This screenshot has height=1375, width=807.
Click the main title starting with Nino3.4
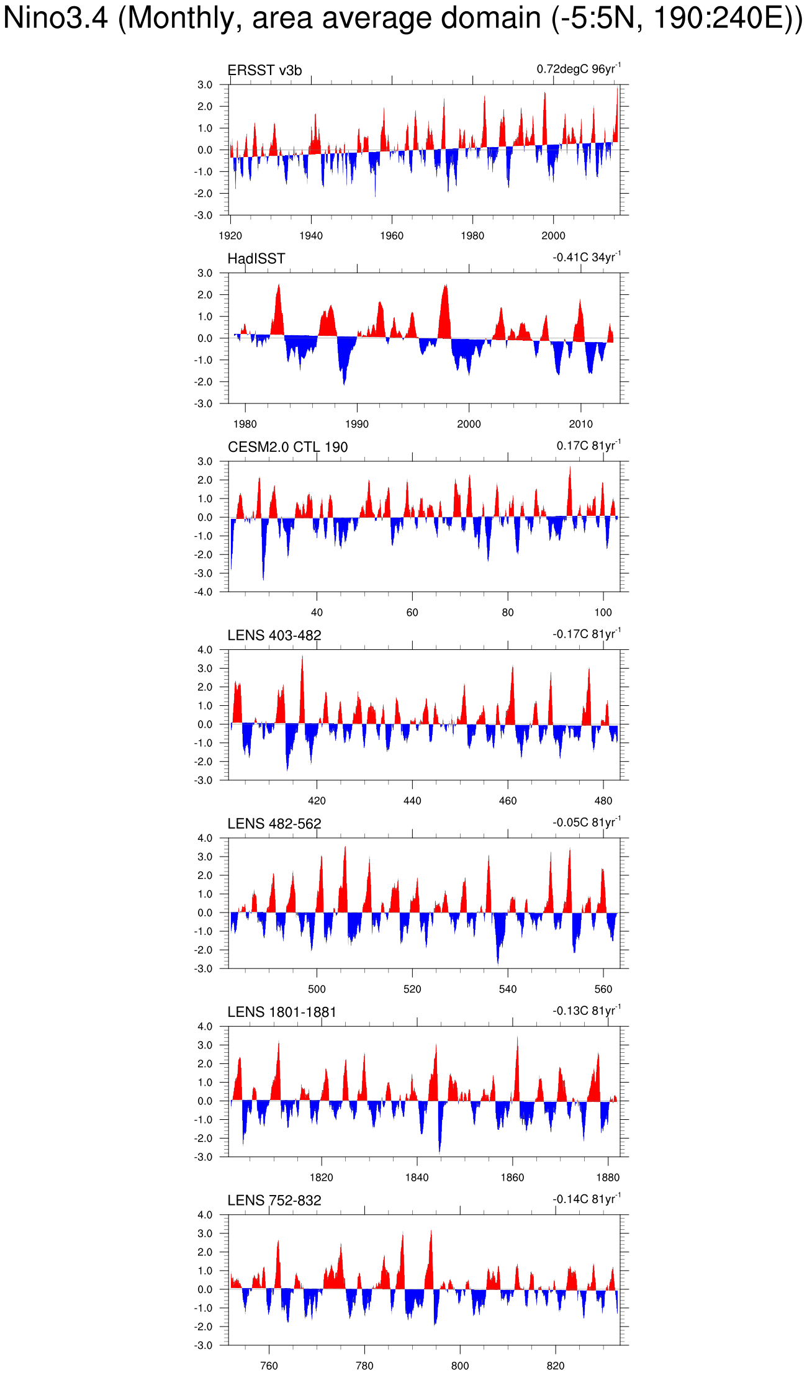(x=403, y=18)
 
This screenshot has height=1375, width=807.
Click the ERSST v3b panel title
(x=264, y=71)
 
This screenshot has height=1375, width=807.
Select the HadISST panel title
(x=256, y=259)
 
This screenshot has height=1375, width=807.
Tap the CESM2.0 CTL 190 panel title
(x=287, y=447)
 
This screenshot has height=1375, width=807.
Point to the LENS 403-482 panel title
(x=274, y=636)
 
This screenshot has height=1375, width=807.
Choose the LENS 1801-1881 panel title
(x=281, y=1012)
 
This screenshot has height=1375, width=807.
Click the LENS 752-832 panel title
(x=274, y=1201)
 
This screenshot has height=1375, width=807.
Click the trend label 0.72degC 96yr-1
(x=578, y=69)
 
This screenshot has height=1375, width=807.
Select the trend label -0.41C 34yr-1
(x=586, y=257)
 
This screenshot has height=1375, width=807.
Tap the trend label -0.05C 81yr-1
(x=586, y=823)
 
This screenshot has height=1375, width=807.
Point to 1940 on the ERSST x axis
(x=311, y=236)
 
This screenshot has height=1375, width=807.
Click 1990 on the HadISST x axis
(x=357, y=425)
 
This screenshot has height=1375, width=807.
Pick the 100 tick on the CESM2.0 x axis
(x=603, y=613)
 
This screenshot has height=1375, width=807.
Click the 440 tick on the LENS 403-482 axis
(x=412, y=801)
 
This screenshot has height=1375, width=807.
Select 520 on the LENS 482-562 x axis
(x=412, y=990)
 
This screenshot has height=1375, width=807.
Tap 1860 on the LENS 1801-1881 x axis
(x=512, y=1178)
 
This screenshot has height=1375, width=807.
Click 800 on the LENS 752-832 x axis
(x=460, y=1366)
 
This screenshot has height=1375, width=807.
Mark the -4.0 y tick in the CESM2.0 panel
(x=204, y=592)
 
